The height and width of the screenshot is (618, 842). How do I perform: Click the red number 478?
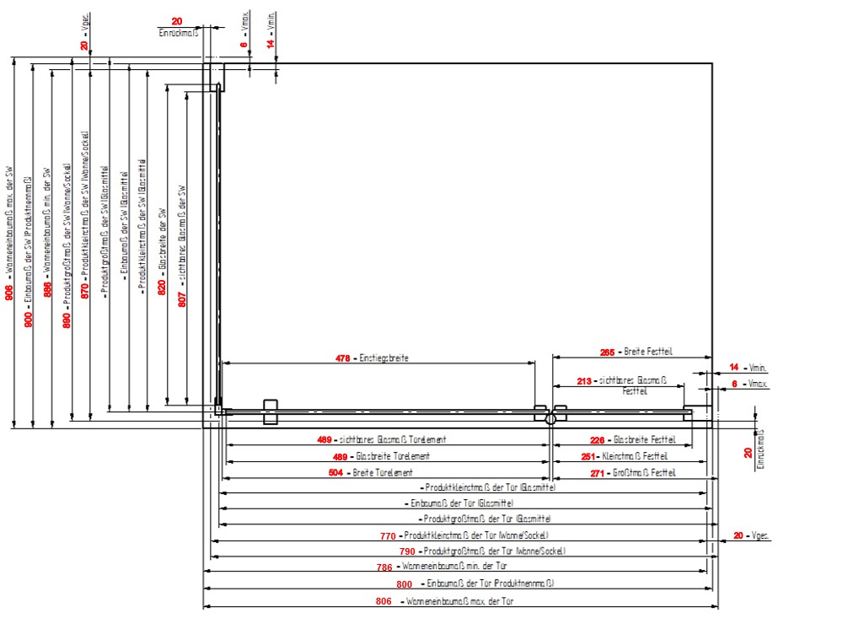(342, 358)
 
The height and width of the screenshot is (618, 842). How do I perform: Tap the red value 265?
(606, 352)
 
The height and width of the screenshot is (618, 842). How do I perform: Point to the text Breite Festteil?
(648, 352)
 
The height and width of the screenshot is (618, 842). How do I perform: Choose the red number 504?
(335, 473)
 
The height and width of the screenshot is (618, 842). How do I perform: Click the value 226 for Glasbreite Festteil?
(597, 440)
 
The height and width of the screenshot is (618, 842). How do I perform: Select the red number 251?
(590, 456)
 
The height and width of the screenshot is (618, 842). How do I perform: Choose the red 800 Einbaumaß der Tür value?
(405, 584)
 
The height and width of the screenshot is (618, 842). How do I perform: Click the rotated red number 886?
(48, 288)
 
